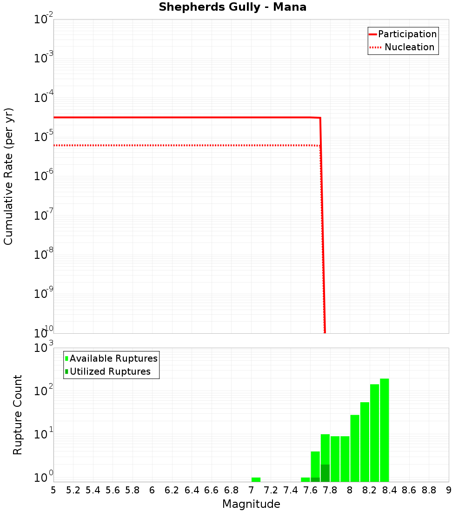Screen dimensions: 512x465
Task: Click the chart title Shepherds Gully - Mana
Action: (232, 7)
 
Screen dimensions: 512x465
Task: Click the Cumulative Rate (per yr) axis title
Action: (8, 176)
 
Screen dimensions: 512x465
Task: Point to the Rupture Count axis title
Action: (18, 415)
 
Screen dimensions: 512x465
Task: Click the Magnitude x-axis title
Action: (251, 504)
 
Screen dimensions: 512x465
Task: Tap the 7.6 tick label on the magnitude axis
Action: (310, 490)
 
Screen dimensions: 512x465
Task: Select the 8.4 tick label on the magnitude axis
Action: (389, 490)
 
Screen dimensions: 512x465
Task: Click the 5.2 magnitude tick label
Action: (73, 490)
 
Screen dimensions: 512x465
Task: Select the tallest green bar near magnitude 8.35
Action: (384, 430)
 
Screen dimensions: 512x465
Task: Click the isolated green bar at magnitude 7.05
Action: (256, 479)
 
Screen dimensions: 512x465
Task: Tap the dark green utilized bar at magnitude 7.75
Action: (325, 473)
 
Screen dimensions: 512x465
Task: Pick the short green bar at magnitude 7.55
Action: (305, 479)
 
